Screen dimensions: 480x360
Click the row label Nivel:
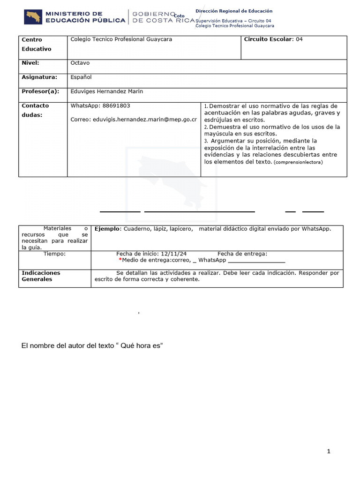coord(30,63)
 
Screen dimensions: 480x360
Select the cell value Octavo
coord(80,63)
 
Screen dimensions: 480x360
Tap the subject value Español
coord(81,77)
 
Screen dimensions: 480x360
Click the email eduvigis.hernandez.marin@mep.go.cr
coord(133,120)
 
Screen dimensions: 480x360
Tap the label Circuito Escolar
coord(268,39)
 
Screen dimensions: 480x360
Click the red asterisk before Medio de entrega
coord(120,260)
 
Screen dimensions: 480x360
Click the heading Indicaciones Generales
coord(41,276)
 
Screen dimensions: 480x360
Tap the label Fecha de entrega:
coord(242,254)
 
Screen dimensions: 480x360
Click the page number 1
coord(329,451)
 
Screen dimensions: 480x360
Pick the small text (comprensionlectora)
coord(298,162)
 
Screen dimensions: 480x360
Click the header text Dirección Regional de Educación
coord(233,11)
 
